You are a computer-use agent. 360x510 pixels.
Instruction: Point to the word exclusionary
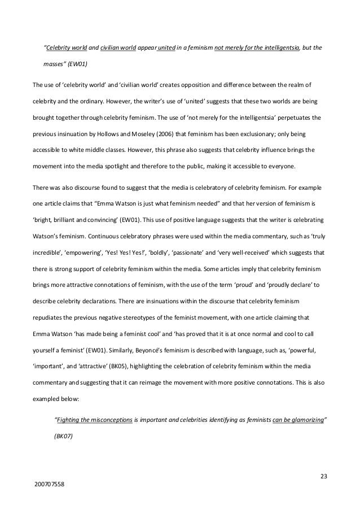[244, 134]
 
